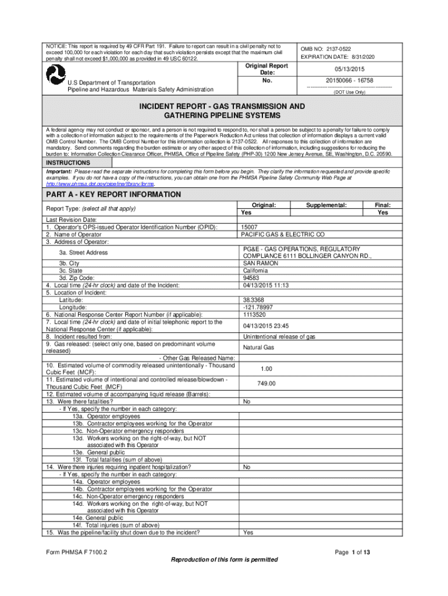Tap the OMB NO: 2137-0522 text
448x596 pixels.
325,49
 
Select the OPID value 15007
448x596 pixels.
250,227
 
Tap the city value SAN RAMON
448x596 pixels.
259,263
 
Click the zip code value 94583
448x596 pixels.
251,278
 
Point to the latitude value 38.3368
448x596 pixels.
255,300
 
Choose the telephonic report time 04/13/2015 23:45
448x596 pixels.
266,325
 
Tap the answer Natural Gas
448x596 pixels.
258,347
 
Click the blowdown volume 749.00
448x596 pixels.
266,384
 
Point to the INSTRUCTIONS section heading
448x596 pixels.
68,163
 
